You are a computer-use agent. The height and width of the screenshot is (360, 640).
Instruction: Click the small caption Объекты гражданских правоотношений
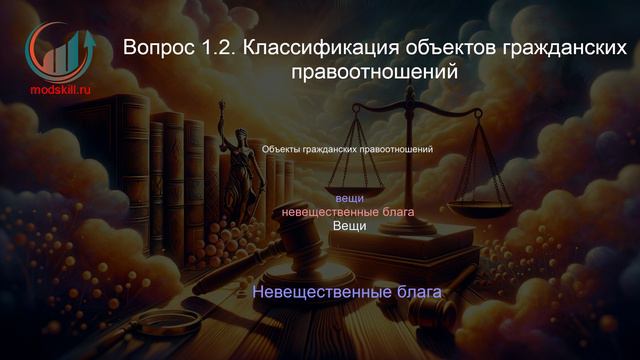click(x=346, y=149)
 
